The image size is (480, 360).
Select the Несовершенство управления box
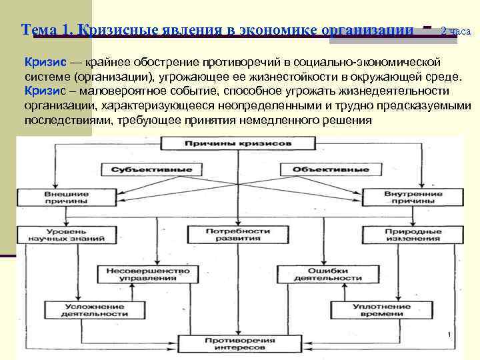click(143, 275)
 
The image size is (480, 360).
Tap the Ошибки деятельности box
click(319, 275)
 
